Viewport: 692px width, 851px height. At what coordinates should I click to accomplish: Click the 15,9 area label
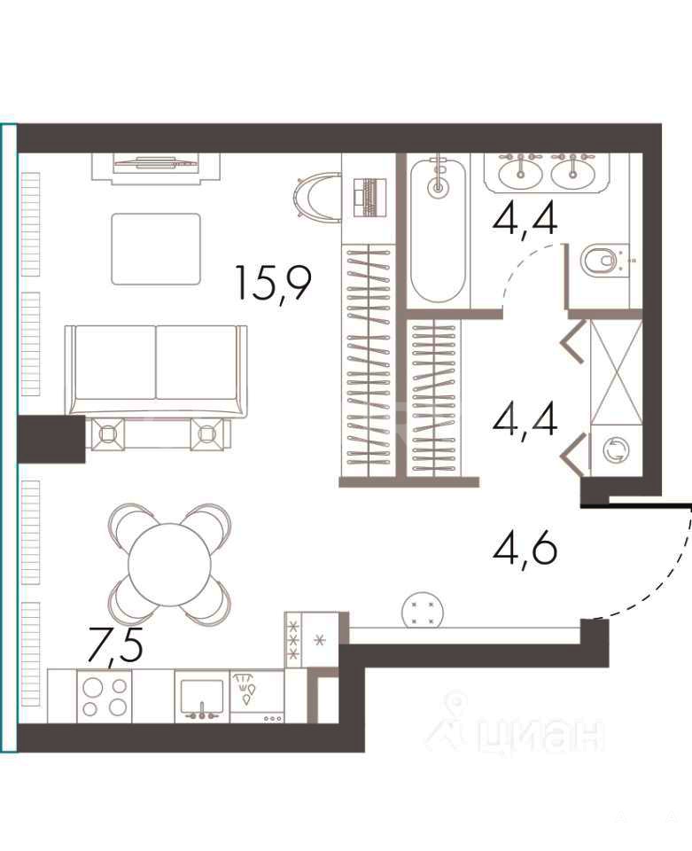[273, 284]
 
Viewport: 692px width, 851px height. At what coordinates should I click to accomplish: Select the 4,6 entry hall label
[525, 549]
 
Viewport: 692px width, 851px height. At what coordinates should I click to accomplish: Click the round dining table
[170, 564]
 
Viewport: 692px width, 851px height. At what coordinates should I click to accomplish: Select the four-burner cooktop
[105, 697]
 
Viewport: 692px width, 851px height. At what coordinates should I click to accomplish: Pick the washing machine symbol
[617, 450]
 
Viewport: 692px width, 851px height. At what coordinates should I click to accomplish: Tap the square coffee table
[156, 248]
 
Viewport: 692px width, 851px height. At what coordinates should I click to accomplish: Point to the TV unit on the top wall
[156, 168]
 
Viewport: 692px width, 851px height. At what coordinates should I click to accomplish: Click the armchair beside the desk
[317, 195]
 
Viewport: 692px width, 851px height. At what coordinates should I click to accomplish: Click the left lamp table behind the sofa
[108, 434]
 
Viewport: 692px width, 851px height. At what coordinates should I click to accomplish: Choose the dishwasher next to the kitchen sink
[257, 697]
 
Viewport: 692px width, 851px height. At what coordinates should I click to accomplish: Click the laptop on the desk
[370, 198]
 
